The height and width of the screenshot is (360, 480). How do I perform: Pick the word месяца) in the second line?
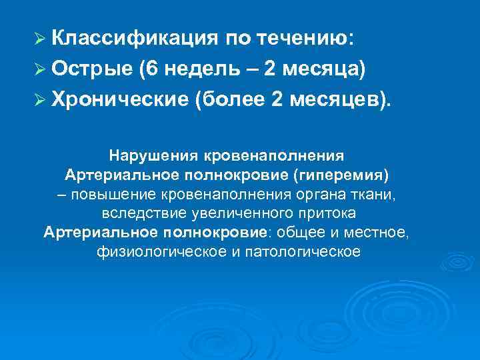327,69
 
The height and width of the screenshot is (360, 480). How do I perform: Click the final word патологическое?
313,252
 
